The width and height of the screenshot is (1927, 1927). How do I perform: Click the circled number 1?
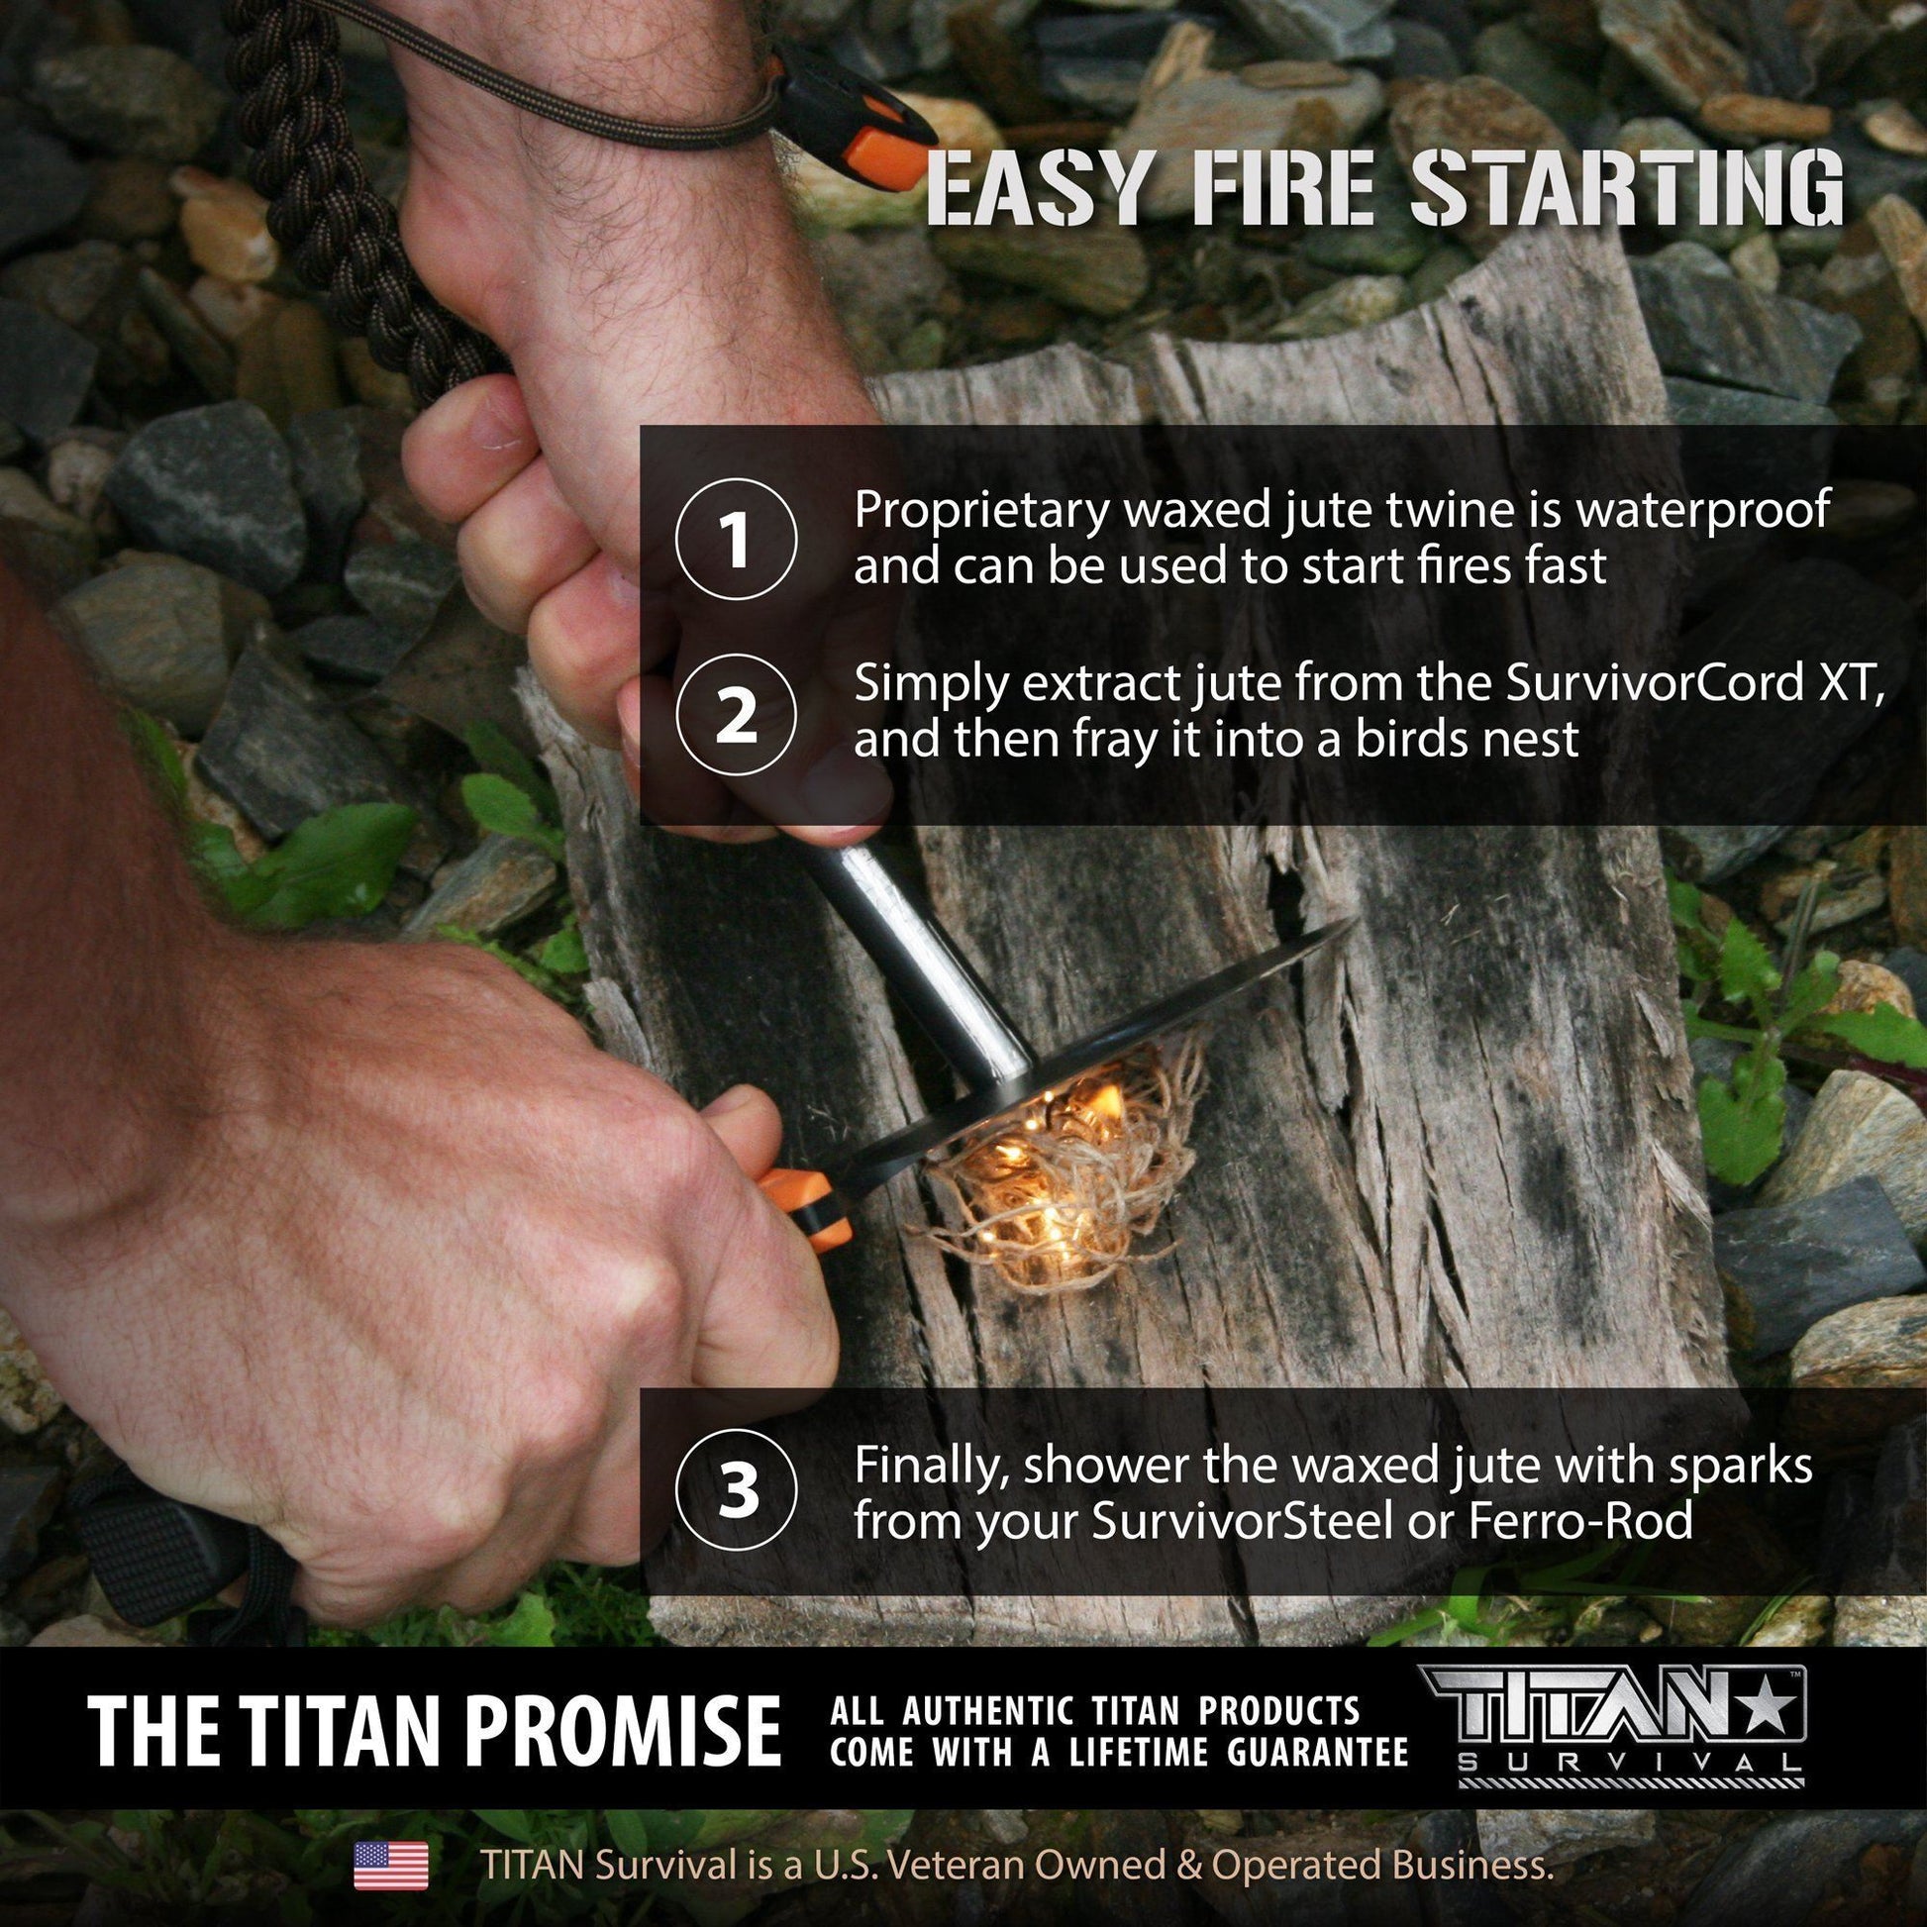[736, 540]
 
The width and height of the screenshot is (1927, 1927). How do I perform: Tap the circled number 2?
[736, 714]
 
